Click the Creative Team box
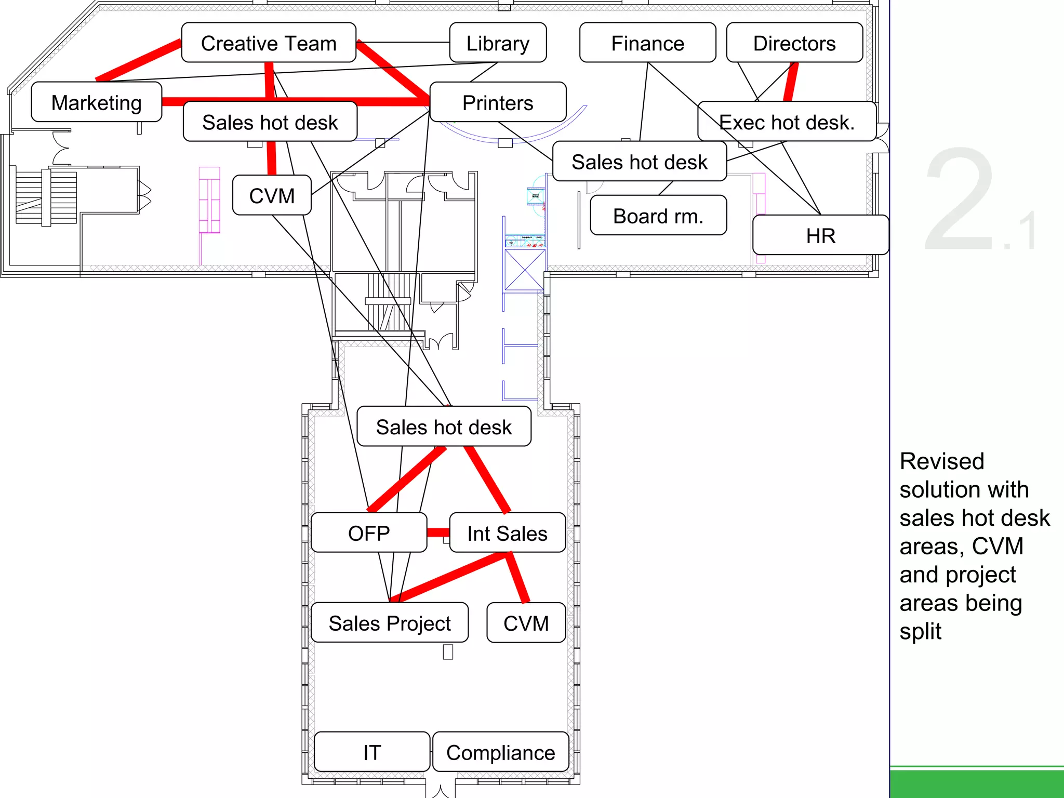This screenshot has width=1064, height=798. point(269,43)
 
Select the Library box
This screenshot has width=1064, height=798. point(498,43)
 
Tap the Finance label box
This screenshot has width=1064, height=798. point(647,43)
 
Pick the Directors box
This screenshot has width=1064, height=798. point(794,43)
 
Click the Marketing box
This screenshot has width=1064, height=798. point(97,102)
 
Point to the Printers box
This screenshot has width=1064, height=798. point(498,102)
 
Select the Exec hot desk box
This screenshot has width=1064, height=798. point(787,122)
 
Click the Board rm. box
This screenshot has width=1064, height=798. point(658,216)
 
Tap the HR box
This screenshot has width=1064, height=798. point(820,235)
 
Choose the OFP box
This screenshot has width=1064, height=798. point(369,533)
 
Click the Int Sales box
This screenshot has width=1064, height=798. point(507,533)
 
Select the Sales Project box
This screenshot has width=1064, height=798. point(390,623)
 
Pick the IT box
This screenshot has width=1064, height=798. point(372,752)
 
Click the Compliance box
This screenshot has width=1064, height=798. point(500,752)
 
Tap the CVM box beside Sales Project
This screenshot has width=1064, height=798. point(526,623)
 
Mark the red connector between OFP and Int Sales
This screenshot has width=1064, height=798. point(438,533)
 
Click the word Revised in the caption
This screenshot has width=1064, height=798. point(941,461)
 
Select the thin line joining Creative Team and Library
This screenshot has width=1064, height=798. point(403,42)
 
